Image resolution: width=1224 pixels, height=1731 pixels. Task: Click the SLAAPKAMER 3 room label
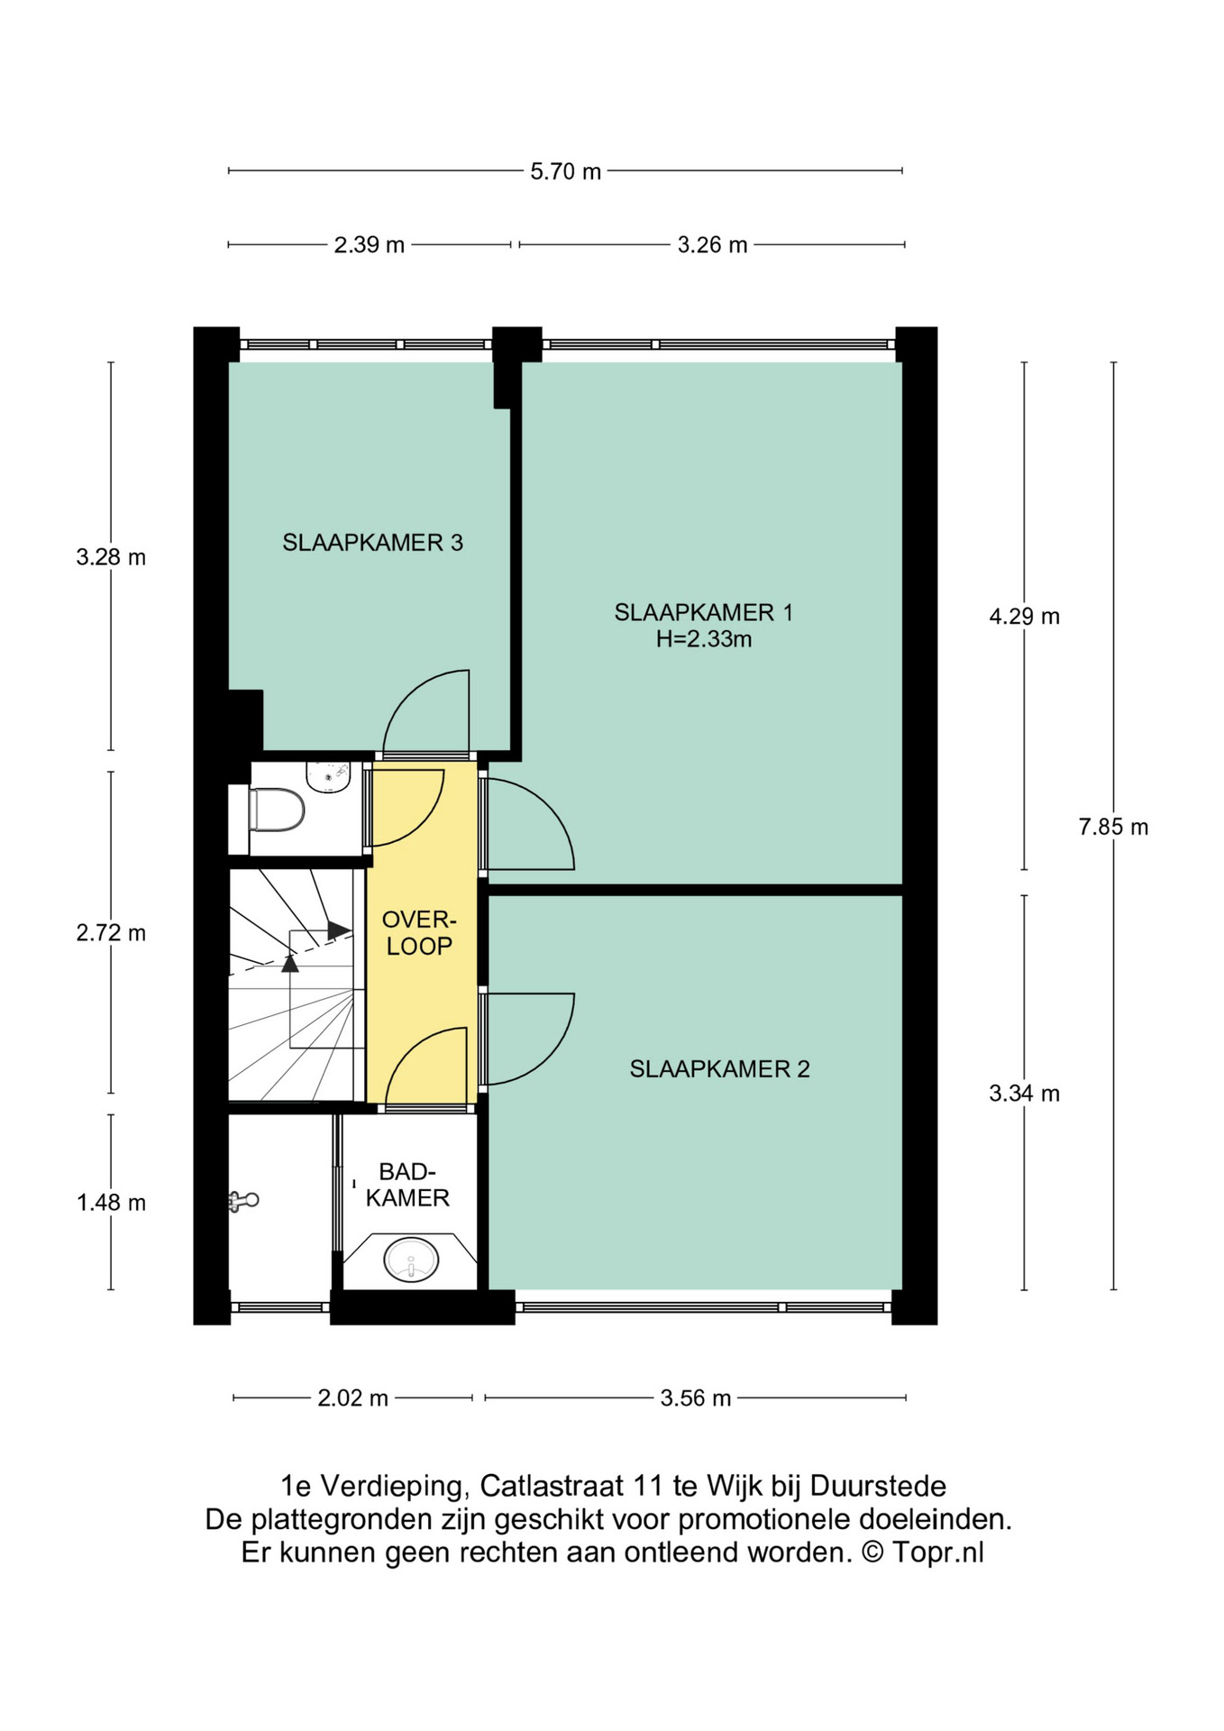coord(372,543)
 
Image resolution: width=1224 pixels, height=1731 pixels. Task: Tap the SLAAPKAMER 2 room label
coord(719,1069)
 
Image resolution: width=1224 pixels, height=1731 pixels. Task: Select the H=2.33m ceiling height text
coord(703,639)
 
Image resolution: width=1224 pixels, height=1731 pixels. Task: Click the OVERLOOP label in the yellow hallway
coord(419,933)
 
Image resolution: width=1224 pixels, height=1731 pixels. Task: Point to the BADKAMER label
coord(407,1185)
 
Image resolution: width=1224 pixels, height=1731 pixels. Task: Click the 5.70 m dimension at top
coord(565,171)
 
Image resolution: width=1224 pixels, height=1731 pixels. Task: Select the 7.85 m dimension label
coord(1113,827)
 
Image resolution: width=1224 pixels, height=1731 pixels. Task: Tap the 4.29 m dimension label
coord(1024,617)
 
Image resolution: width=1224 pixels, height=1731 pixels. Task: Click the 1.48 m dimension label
coord(111,1203)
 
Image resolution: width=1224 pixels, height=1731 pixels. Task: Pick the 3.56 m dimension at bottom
coord(695,1398)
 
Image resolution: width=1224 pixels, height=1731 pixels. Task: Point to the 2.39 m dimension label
coord(369,245)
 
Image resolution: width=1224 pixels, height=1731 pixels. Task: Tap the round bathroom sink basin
coord(411,1259)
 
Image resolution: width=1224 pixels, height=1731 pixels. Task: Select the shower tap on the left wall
coord(242,1201)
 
